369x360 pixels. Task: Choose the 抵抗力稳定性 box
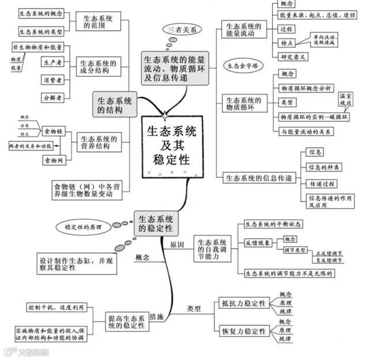click(x=243, y=303)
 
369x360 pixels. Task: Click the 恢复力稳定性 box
click(x=243, y=332)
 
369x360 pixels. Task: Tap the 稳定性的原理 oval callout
click(x=82, y=227)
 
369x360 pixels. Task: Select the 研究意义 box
click(x=294, y=57)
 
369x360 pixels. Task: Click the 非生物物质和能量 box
click(x=37, y=46)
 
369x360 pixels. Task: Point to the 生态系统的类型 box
click(x=40, y=31)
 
